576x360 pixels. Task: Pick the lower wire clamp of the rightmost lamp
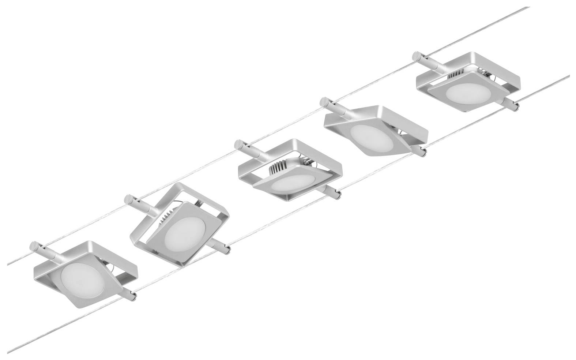(x=510, y=104)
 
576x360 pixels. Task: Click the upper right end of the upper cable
(x=528, y=7)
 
